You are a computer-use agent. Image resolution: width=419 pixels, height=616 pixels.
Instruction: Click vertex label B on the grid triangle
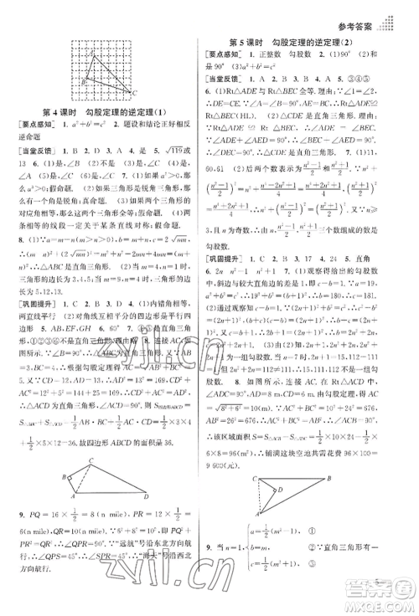[69, 80]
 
